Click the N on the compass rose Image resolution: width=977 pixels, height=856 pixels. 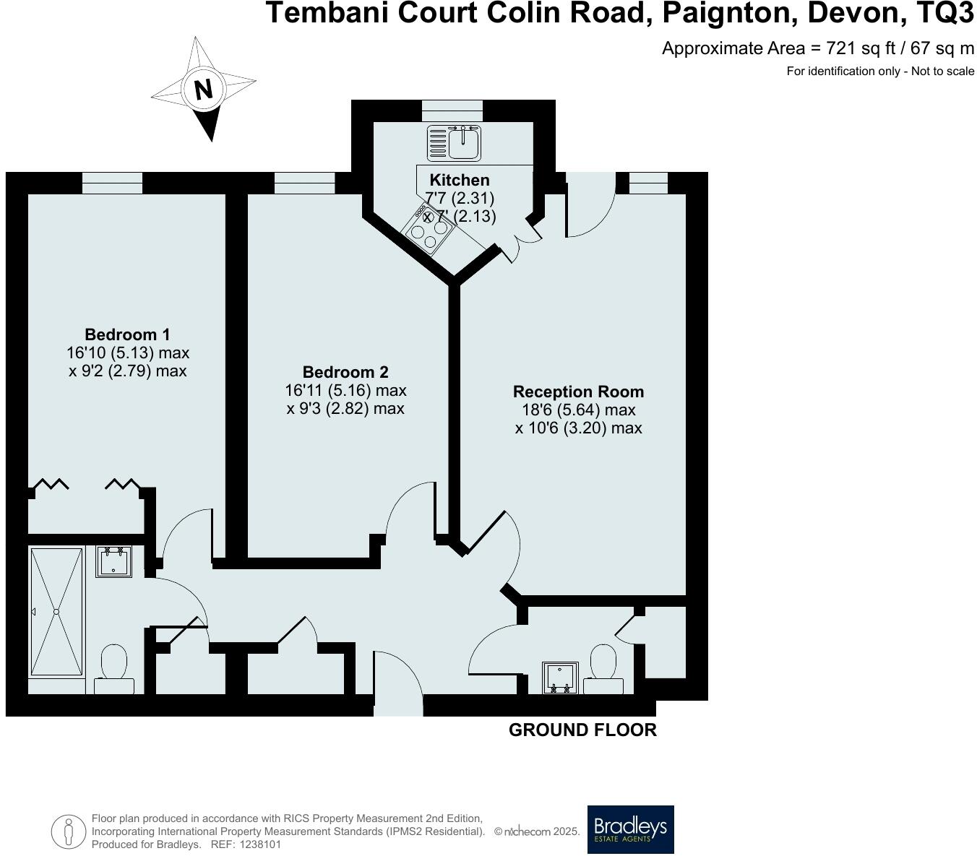tap(204, 90)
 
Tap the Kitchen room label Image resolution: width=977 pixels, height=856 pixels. tap(460, 180)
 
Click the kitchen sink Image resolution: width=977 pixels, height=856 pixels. tap(453, 142)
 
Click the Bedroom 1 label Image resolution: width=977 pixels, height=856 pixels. tap(127, 334)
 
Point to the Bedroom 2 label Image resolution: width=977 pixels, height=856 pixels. tap(345, 372)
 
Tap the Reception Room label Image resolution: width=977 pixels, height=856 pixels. tap(578, 392)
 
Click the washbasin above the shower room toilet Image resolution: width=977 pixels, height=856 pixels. tap(113, 561)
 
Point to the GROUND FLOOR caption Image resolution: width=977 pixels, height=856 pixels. tap(582, 730)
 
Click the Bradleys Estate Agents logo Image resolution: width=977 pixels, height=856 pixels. tap(630, 829)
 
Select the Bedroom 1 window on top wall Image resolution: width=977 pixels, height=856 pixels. tap(112, 183)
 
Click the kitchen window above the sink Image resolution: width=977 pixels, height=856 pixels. tap(452, 111)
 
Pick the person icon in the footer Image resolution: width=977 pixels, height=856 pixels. tap(69, 831)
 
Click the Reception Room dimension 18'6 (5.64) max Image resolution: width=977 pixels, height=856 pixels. tap(578, 410)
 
